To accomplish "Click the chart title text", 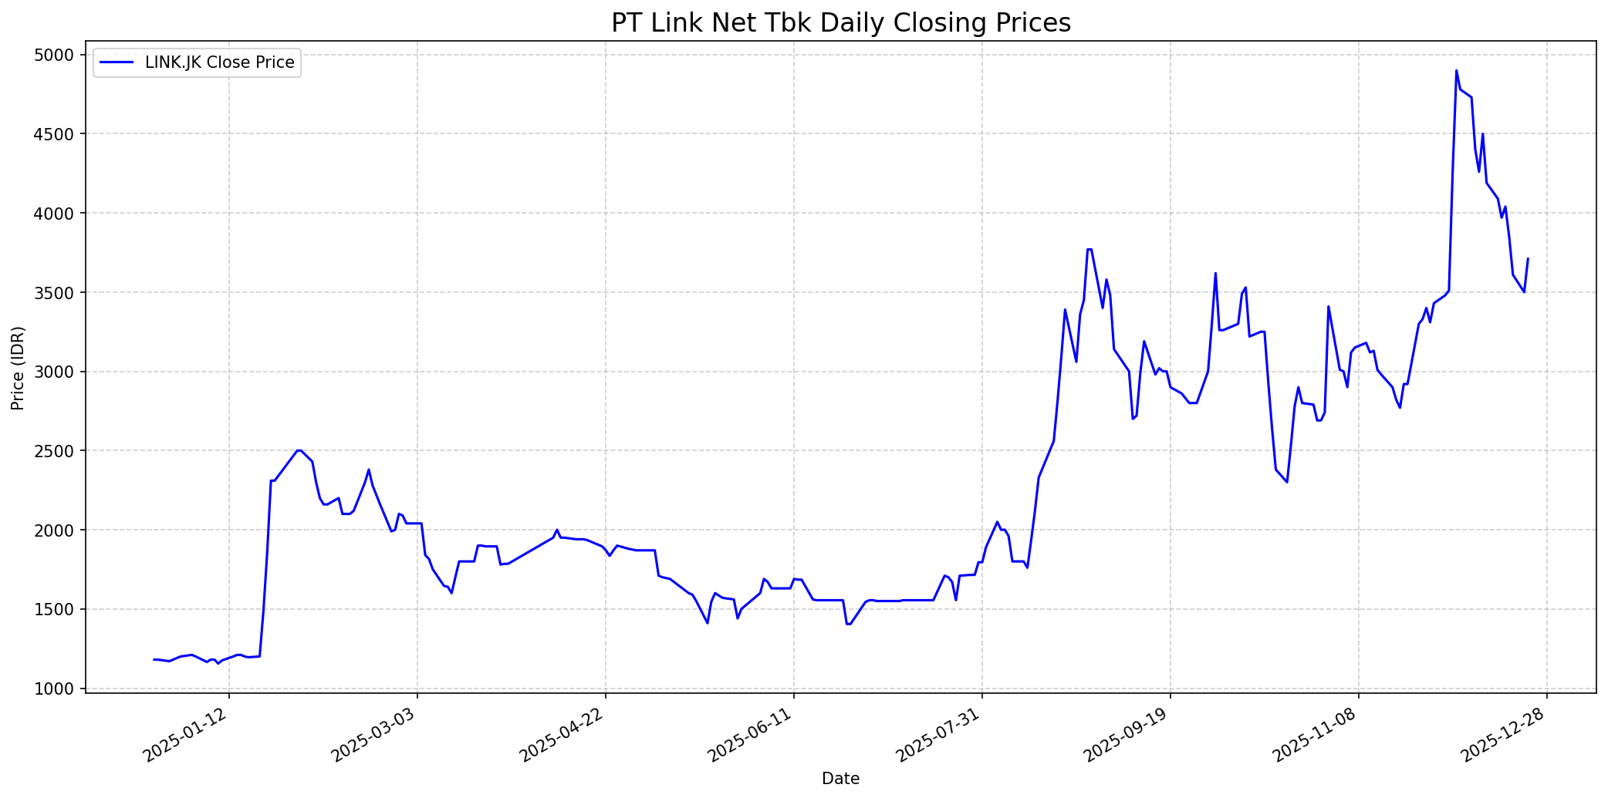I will tap(840, 23).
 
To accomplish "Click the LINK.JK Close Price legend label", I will tap(219, 63).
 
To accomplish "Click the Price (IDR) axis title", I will tap(19, 368).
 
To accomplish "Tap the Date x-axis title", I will tap(840, 779).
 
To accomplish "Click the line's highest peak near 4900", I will tap(1456, 71).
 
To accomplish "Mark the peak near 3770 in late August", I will tap(1089, 249).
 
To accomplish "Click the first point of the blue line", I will tap(154, 659).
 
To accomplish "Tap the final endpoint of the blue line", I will tap(1528, 259).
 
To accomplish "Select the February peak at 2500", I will tap(299, 450).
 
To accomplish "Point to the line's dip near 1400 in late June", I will tap(848, 624).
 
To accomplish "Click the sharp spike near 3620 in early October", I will tap(1215, 273).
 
